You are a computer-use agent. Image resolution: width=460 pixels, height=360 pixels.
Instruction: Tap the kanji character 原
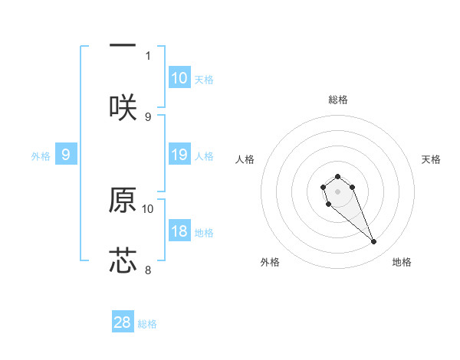click(123, 199)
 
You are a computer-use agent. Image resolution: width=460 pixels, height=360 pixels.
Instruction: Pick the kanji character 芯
click(123, 260)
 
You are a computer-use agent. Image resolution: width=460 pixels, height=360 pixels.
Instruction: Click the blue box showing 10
click(179, 78)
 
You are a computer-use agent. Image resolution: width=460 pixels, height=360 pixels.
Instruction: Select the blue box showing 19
click(179, 155)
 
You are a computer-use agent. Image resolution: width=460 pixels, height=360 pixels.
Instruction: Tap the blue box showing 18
click(179, 232)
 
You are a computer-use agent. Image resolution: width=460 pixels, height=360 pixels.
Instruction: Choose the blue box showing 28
click(123, 322)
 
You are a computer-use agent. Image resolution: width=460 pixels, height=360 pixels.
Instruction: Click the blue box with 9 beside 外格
click(66, 155)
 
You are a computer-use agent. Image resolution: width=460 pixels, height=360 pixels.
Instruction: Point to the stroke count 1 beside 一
click(148, 55)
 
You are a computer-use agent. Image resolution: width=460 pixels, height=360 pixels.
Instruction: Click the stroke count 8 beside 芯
click(148, 270)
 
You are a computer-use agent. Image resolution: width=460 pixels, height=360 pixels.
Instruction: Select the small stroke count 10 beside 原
click(148, 208)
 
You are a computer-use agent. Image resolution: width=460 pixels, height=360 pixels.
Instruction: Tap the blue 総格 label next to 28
click(147, 324)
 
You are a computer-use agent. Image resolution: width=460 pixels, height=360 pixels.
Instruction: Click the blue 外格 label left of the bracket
click(41, 156)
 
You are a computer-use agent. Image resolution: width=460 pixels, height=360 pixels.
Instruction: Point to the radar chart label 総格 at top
click(338, 100)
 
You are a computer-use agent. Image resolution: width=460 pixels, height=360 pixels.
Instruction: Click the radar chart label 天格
click(431, 159)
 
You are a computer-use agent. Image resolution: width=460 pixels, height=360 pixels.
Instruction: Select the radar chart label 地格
click(402, 262)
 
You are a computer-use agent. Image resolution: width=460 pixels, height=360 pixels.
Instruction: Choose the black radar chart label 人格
click(245, 159)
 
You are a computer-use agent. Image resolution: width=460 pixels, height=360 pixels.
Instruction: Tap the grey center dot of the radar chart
click(338, 191)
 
